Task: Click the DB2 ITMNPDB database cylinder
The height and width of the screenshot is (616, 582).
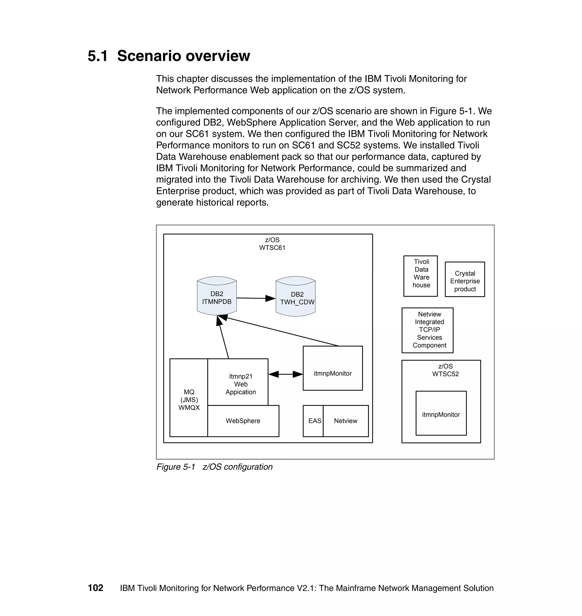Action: pyautogui.click(x=217, y=297)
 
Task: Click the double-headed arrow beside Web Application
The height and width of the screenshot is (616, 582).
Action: pyautogui.click(x=285, y=374)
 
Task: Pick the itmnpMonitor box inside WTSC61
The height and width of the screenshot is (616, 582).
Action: pyautogui.click(x=332, y=368)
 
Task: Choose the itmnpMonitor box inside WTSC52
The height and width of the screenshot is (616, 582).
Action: pyautogui.click(x=441, y=413)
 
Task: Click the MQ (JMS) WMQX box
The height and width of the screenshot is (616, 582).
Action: pyautogui.click(x=189, y=399)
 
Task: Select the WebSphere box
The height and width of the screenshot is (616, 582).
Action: pyautogui.click(x=243, y=421)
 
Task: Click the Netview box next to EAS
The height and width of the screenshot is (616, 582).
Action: pyautogui.click(x=346, y=421)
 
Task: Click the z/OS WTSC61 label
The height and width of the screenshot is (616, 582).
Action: pyautogui.click(x=272, y=244)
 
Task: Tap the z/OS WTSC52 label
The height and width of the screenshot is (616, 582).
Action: pyautogui.click(x=445, y=370)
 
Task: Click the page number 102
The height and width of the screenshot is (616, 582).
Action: pyautogui.click(x=95, y=588)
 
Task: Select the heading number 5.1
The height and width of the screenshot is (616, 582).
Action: pyautogui.click(x=97, y=56)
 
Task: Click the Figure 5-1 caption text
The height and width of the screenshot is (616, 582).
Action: pyautogui.click(x=214, y=467)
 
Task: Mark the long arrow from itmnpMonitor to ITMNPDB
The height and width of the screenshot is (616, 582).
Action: pyautogui.click(x=282, y=331)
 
